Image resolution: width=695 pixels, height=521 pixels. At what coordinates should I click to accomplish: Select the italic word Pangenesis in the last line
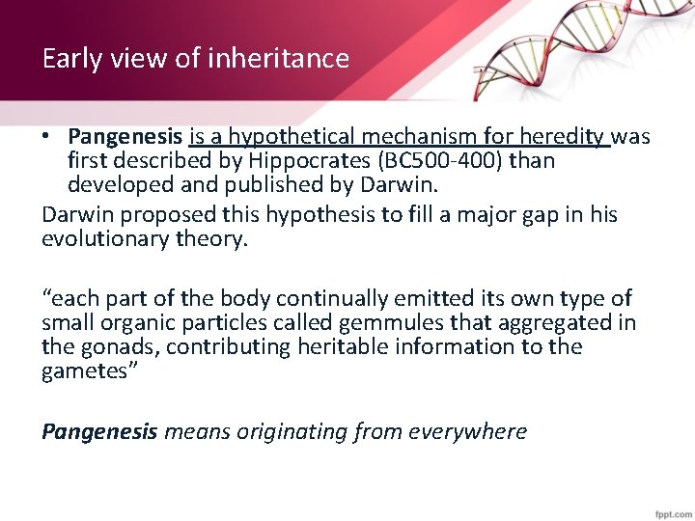99,430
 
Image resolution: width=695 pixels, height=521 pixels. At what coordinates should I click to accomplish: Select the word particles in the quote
229,322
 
